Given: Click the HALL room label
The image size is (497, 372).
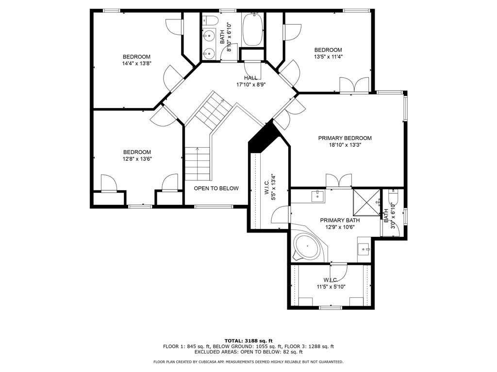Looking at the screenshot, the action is (251, 78).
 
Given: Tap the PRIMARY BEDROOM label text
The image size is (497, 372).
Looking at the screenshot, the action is (345, 138).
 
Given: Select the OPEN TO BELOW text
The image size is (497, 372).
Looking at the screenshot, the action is (216, 188).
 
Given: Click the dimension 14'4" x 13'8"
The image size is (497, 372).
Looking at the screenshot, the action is (136, 63).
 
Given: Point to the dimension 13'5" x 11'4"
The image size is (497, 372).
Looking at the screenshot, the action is (328, 57).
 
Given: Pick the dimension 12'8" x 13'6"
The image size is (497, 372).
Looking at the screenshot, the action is (137, 159).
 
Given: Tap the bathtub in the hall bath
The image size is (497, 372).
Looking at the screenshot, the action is (252, 29).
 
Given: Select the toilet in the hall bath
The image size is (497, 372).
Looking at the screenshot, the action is (211, 20).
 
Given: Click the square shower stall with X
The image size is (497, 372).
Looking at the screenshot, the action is (366, 202).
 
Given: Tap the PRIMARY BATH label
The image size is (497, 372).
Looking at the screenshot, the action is (340, 220).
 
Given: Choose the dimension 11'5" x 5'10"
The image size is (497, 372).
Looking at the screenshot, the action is (331, 287).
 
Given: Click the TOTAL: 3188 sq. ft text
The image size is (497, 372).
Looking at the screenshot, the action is (248, 341).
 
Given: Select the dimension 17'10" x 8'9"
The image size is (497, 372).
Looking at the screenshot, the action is (251, 85).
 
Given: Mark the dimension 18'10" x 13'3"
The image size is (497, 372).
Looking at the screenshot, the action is (345, 145).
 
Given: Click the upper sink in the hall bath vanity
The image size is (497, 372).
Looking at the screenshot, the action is (209, 36).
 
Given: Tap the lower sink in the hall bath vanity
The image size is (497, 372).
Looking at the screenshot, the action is (209, 53).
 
